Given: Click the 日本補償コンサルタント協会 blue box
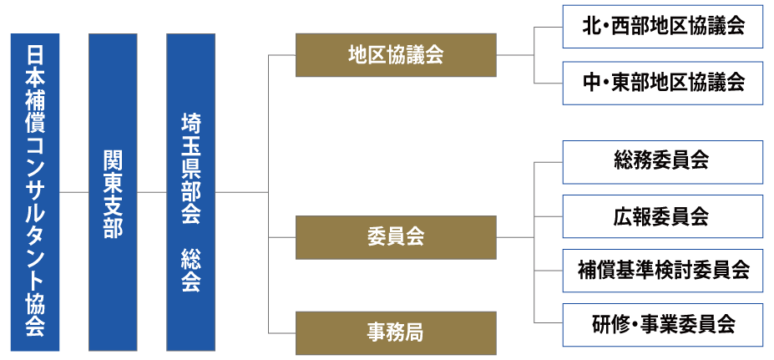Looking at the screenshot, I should (35, 192).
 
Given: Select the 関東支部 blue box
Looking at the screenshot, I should (113, 192).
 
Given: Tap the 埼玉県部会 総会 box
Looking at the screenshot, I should (190, 192).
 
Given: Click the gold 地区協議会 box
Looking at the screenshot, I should (396, 55).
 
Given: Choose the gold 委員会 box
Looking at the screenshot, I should (396, 237).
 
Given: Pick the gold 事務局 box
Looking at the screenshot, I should (396, 332).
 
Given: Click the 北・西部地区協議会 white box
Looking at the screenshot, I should (663, 28).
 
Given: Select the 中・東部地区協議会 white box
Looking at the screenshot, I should (663, 82).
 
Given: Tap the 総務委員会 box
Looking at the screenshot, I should (663, 162).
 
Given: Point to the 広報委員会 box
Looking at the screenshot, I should (663, 216).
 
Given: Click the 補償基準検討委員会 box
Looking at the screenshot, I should (663, 271).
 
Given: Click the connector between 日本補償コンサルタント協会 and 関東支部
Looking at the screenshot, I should (74, 192).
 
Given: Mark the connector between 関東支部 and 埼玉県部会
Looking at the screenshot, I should (152, 192).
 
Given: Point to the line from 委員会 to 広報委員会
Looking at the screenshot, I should (549, 216).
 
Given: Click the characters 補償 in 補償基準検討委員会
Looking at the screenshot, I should (595, 271).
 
